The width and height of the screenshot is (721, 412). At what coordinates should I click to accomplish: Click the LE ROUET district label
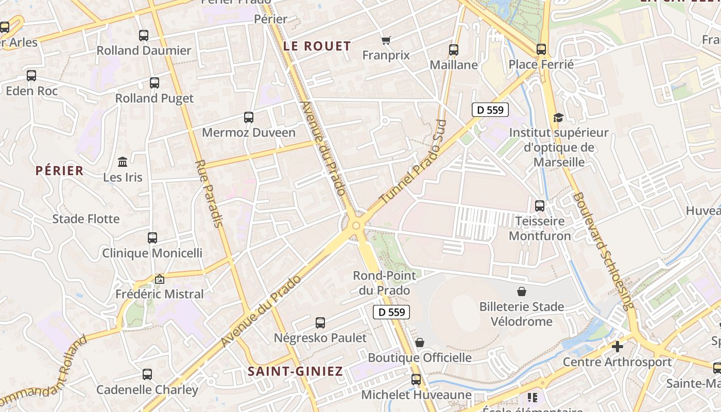[x=317, y=46]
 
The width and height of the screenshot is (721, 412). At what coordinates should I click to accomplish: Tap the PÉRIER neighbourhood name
[x=59, y=170]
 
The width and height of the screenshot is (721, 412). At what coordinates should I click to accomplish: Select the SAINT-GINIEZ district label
[x=295, y=371]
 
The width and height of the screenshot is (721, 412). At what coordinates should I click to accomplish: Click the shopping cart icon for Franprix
[x=386, y=40]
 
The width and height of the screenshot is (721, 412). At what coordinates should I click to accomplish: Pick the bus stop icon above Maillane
[x=454, y=50]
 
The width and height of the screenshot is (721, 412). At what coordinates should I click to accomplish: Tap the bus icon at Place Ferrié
[x=541, y=49]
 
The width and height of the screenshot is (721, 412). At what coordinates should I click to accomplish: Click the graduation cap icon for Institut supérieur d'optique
[x=558, y=118]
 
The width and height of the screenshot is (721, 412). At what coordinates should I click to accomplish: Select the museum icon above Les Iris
[x=123, y=162]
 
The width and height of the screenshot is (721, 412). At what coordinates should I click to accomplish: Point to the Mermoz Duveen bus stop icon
[x=249, y=117]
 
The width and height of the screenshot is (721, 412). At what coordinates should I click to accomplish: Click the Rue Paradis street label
[x=209, y=194]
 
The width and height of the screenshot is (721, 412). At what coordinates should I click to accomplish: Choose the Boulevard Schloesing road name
[x=602, y=251]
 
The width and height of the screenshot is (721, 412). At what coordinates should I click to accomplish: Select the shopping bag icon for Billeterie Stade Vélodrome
[x=522, y=291]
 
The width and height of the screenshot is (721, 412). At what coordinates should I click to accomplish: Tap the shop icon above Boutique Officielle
[x=420, y=342]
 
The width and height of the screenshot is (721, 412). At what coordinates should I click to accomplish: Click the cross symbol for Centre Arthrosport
[x=617, y=347]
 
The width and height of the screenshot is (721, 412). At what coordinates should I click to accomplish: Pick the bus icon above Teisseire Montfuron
[x=540, y=206]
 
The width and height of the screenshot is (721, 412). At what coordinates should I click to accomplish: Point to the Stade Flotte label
[x=85, y=219]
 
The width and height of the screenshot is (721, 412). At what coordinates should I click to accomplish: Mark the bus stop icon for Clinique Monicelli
[x=152, y=238]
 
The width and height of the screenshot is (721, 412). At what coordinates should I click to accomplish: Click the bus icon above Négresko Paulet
[x=320, y=323]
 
